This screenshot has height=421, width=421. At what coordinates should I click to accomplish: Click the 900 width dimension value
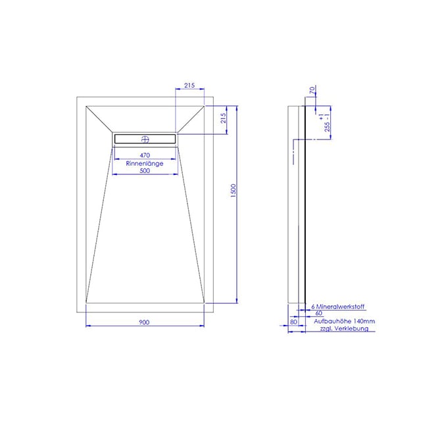click(x=144, y=322)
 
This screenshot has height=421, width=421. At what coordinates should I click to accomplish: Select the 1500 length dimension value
click(x=233, y=191)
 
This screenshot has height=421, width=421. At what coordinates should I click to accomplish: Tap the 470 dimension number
click(x=145, y=155)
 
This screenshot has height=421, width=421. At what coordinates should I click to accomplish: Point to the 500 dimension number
click(x=145, y=171)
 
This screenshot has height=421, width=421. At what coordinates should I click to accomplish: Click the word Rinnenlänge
click(x=145, y=164)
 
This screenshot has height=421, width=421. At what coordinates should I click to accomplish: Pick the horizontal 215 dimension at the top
click(x=189, y=86)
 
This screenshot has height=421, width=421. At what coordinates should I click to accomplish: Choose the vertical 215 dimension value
click(x=223, y=118)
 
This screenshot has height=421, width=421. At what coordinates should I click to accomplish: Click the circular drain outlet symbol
click(x=145, y=139)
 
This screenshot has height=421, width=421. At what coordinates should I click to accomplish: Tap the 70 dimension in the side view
click(x=312, y=89)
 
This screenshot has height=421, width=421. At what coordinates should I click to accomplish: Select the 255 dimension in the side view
click(x=327, y=127)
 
